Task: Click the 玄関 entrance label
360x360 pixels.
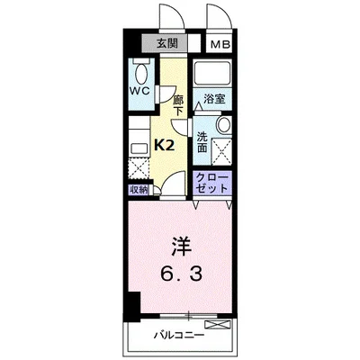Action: coord(166,42)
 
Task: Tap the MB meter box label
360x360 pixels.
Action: coord(219,43)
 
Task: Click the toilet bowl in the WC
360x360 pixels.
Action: coord(139,73)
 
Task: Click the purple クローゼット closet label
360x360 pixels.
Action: coord(212,184)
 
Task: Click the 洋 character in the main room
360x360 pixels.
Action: coord(180,245)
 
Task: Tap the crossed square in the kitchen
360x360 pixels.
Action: coord(138,166)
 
